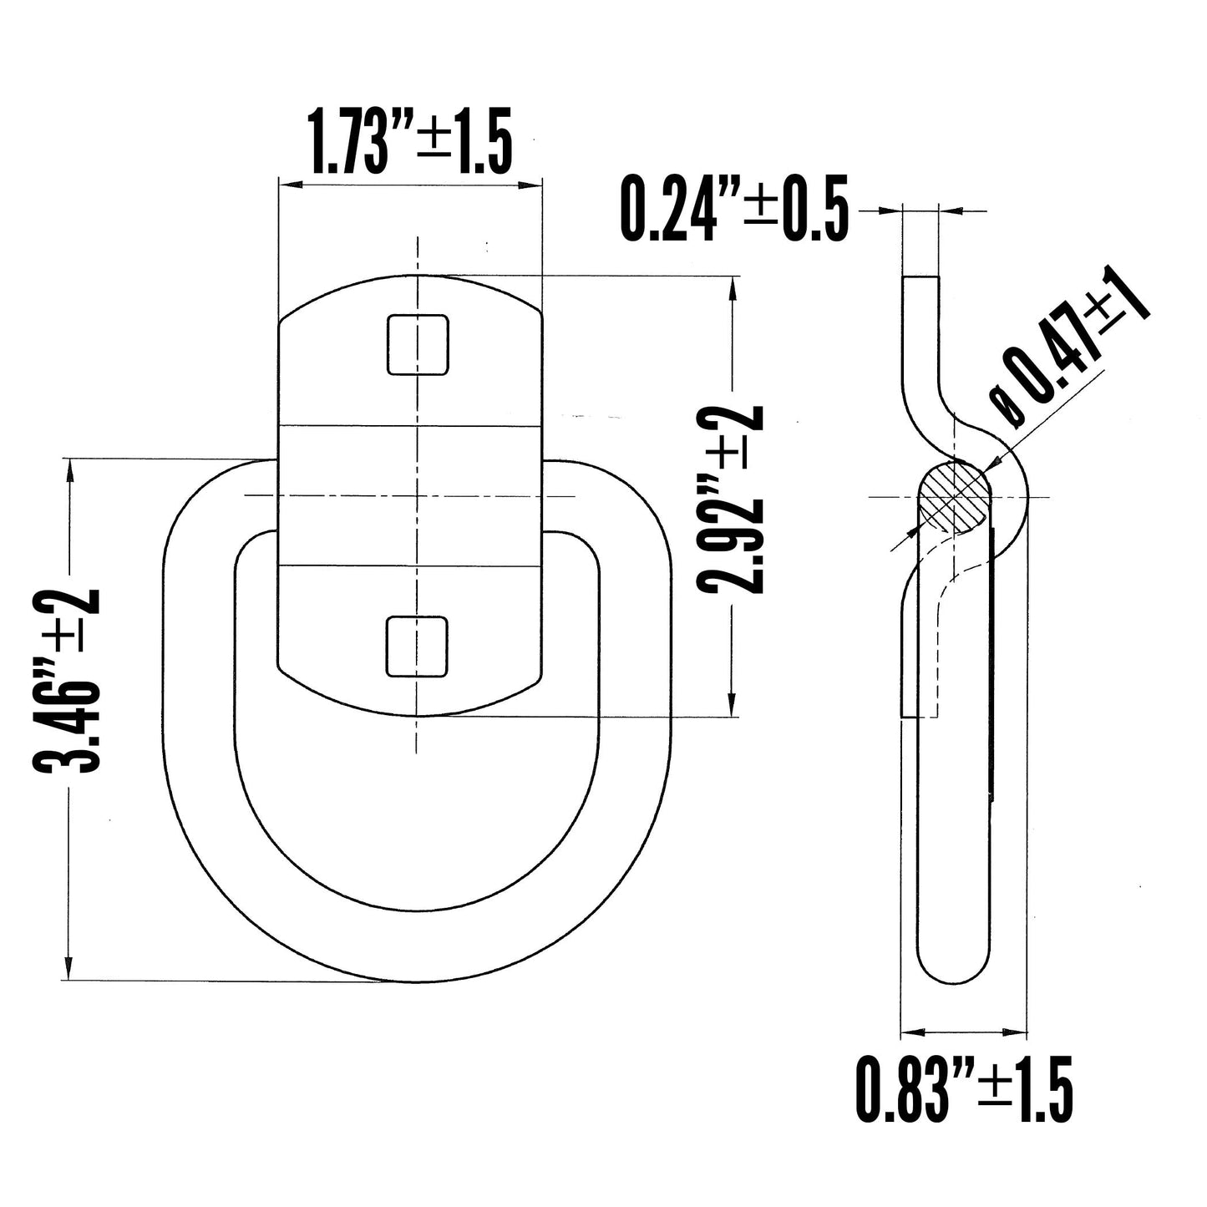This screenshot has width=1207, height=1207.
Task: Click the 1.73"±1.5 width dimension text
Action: [409, 142]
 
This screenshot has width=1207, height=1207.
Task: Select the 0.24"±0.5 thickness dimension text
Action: [733, 209]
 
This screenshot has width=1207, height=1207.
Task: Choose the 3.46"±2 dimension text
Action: [67, 678]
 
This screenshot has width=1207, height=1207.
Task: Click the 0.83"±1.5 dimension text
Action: [963, 1089]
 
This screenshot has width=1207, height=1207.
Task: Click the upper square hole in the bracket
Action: [418, 344]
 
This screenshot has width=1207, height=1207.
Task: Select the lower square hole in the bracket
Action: [418, 646]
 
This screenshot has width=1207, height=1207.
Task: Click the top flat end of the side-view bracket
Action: [921, 277]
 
